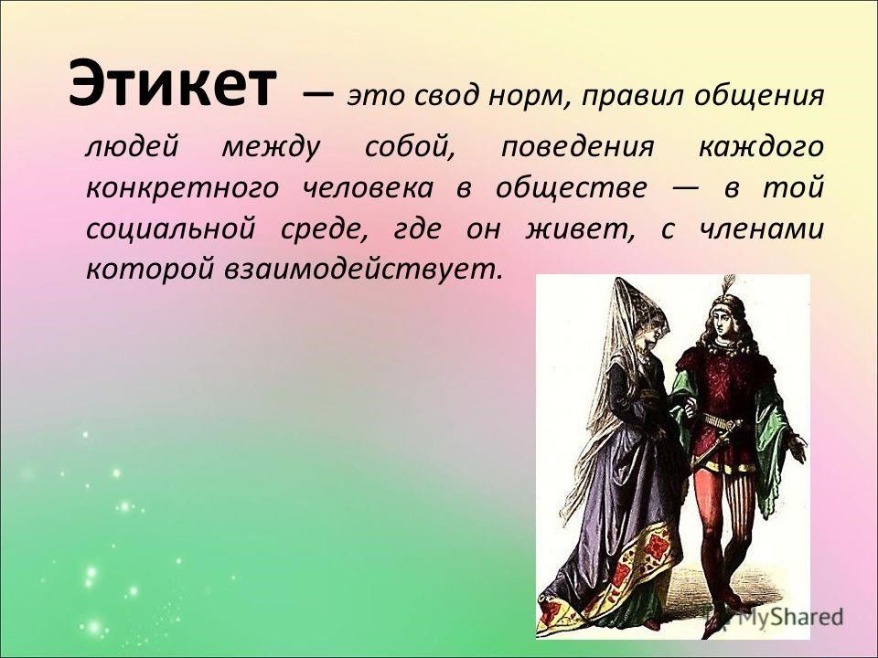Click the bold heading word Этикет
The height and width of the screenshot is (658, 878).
173,84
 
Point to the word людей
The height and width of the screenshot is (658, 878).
132,147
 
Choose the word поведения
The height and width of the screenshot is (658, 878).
577,147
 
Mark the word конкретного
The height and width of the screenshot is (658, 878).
183,188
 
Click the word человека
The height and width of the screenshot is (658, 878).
368,187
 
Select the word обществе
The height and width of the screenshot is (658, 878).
571,186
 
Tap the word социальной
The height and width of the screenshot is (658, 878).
170,229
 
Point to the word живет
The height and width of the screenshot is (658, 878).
577,229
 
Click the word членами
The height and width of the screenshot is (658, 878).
761,229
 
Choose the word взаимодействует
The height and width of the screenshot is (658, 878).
360,270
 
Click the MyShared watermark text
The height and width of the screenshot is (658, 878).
789,617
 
